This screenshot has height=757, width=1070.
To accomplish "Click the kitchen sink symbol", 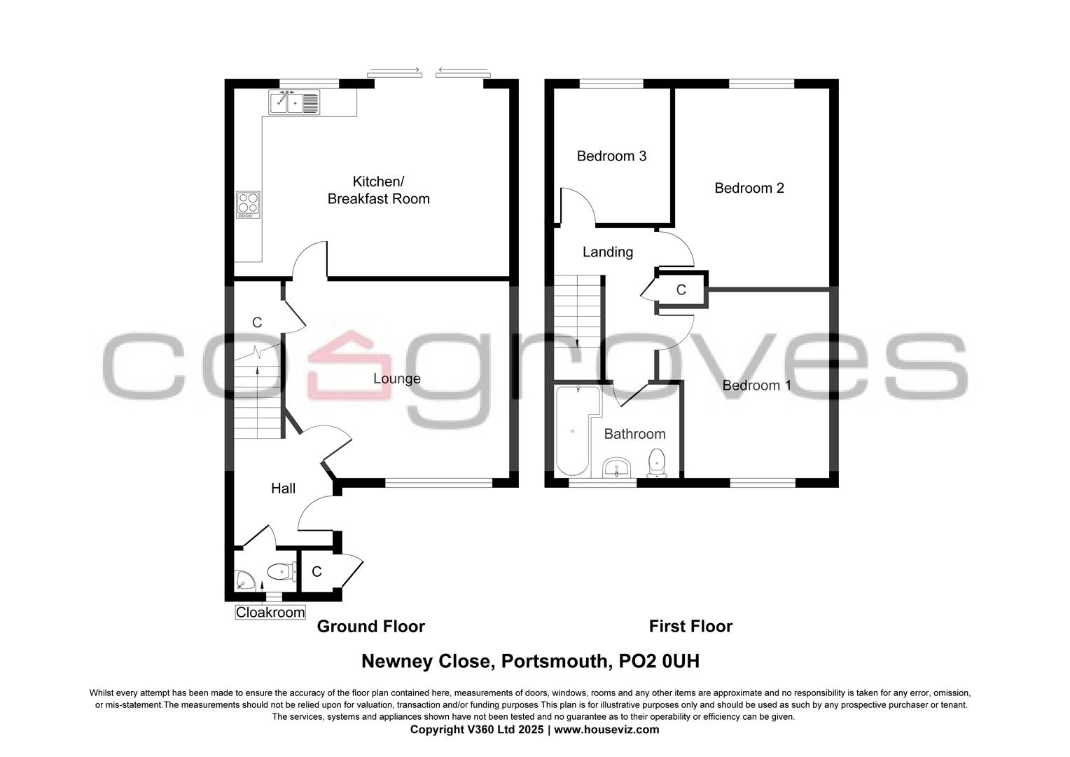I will (x=294, y=103).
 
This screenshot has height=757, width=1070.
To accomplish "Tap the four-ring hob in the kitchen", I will (x=248, y=204).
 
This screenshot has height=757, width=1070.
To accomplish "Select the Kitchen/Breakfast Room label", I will (x=378, y=191).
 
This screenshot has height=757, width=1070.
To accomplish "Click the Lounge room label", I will (x=396, y=378).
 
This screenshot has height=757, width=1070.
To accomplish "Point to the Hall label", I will (x=283, y=489).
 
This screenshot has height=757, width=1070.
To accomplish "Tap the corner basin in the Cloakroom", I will (x=244, y=580).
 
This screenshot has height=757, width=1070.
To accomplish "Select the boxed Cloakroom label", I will (x=270, y=613).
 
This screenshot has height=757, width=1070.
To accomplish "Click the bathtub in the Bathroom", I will (x=573, y=430).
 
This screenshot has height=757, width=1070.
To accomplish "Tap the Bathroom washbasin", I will (x=616, y=468).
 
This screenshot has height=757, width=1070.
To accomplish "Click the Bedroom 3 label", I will (x=611, y=156).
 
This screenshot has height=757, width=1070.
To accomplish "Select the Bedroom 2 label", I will (x=749, y=188).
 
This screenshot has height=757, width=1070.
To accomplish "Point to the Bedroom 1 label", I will (x=756, y=386).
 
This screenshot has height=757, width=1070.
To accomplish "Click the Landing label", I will (x=607, y=252).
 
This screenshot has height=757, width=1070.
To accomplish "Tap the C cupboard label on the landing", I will (x=681, y=289).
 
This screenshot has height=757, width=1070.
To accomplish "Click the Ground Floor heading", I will (x=370, y=626).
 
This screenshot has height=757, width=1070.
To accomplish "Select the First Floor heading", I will (x=690, y=626).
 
